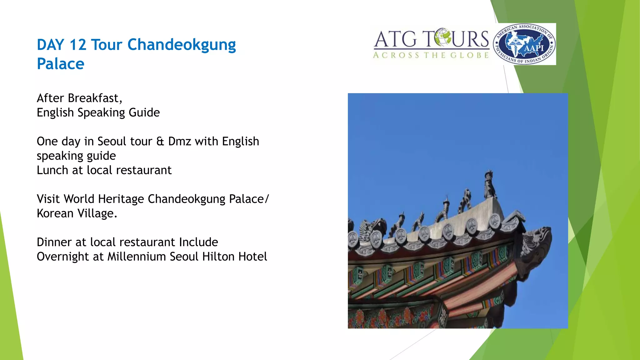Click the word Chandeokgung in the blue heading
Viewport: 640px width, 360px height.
pyautogui.click(x=182, y=45)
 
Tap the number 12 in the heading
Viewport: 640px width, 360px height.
pyautogui.click(x=78, y=45)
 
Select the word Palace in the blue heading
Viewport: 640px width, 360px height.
pyautogui.click(x=61, y=64)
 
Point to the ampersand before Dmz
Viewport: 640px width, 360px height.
pyautogui.click(x=160, y=142)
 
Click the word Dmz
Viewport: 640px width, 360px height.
pyautogui.click(x=179, y=142)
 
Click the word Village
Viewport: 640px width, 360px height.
pyautogui.click(x=96, y=213)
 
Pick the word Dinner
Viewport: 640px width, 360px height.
pyautogui.click(x=54, y=242)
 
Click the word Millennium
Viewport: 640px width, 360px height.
pyautogui.click(x=137, y=257)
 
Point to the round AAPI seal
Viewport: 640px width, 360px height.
pyautogui.click(x=525, y=44)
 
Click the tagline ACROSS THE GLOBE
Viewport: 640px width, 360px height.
pyautogui.click(x=431, y=55)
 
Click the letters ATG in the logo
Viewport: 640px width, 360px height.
pyautogui.click(x=396, y=40)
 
